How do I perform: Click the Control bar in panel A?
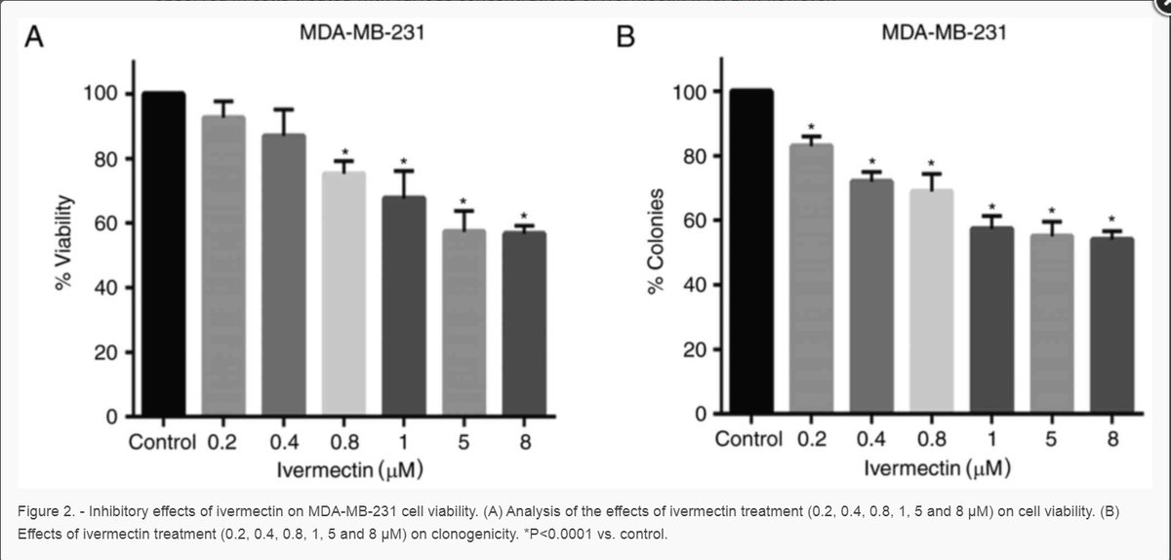coord(163,256)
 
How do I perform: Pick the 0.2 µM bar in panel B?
coord(812,279)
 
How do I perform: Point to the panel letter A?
coord(35,39)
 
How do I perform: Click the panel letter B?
coord(626,39)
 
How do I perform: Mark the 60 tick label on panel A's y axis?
coord(102,223)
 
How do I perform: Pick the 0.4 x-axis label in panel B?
coord(870,439)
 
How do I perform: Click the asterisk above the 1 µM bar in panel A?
coord(403,162)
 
